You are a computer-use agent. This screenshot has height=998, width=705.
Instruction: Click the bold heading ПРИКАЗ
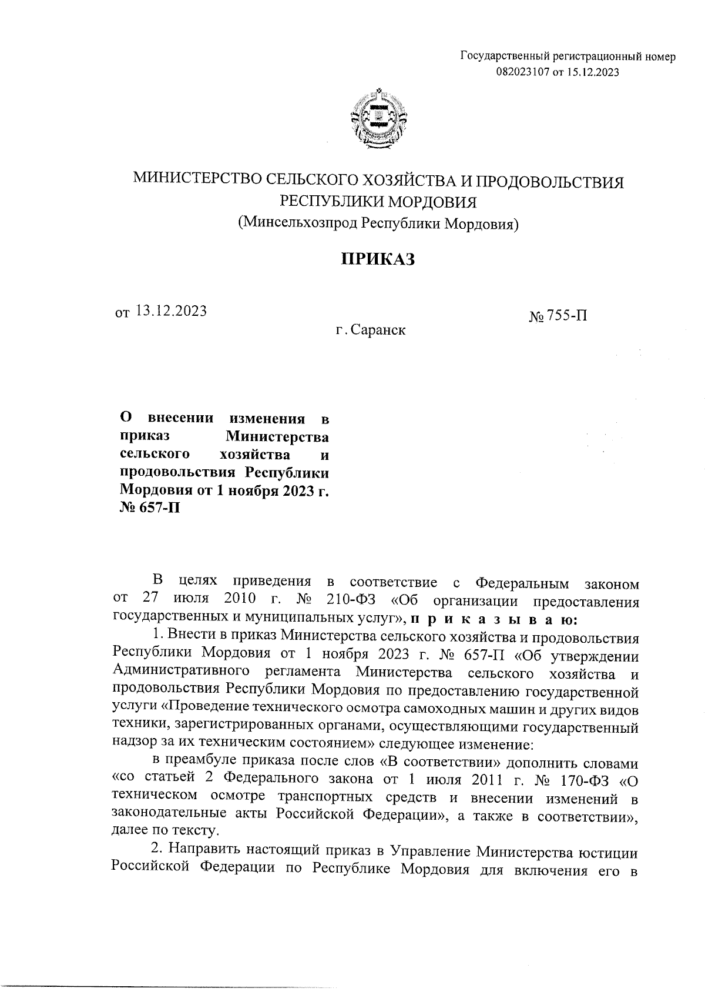tap(379, 259)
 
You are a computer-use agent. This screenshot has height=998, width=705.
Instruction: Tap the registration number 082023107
tap(523, 72)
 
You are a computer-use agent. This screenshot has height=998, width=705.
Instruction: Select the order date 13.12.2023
tap(171, 311)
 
